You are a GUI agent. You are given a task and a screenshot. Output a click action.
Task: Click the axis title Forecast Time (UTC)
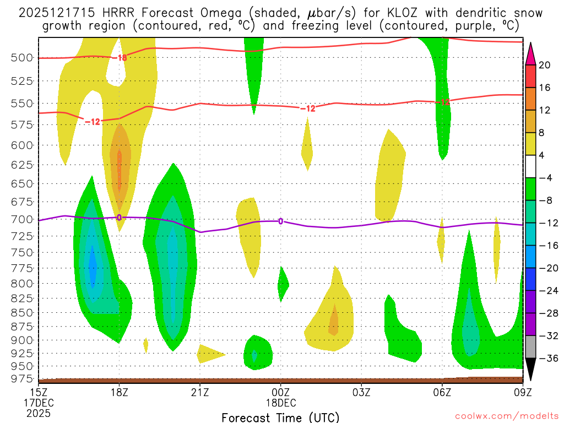[280, 417]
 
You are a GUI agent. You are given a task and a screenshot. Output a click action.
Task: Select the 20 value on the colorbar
[545, 65]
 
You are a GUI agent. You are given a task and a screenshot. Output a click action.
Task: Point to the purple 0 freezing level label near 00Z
[281, 221]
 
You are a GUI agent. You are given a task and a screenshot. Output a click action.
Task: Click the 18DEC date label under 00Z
[280, 402]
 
